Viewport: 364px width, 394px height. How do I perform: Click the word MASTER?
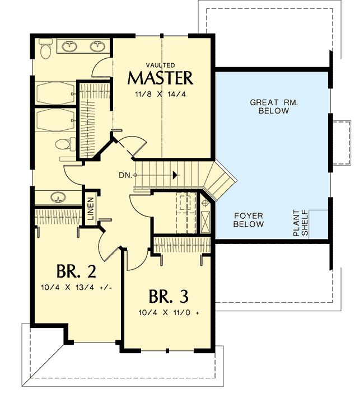click(x=160, y=78)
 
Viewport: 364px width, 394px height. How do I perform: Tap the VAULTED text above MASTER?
click(x=160, y=65)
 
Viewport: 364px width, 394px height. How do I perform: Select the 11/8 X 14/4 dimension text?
click(x=160, y=95)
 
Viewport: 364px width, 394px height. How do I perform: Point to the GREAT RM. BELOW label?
click(x=274, y=106)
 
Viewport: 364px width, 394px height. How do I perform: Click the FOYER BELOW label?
click(x=249, y=220)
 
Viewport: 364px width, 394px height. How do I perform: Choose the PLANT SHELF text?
click(x=301, y=223)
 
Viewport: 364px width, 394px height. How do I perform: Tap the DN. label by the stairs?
click(x=125, y=175)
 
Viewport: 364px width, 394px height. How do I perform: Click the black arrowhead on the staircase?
click(x=175, y=175)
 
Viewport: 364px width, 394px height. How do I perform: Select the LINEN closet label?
click(x=91, y=209)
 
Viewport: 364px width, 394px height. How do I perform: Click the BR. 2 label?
click(x=76, y=271)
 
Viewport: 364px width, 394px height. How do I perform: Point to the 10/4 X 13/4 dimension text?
click(x=76, y=288)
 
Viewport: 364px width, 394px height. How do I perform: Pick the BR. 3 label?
click(x=169, y=297)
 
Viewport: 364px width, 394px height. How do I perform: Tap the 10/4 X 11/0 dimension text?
click(x=169, y=313)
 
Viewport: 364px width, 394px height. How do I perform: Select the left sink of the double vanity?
click(x=69, y=46)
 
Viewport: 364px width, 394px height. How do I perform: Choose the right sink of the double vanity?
click(x=97, y=46)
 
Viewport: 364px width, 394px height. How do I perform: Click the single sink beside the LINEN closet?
click(x=58, y=197)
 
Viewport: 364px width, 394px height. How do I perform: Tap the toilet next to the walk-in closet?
click(x=66, y=144)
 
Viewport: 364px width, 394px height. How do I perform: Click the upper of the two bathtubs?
click(x=55, y=93)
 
